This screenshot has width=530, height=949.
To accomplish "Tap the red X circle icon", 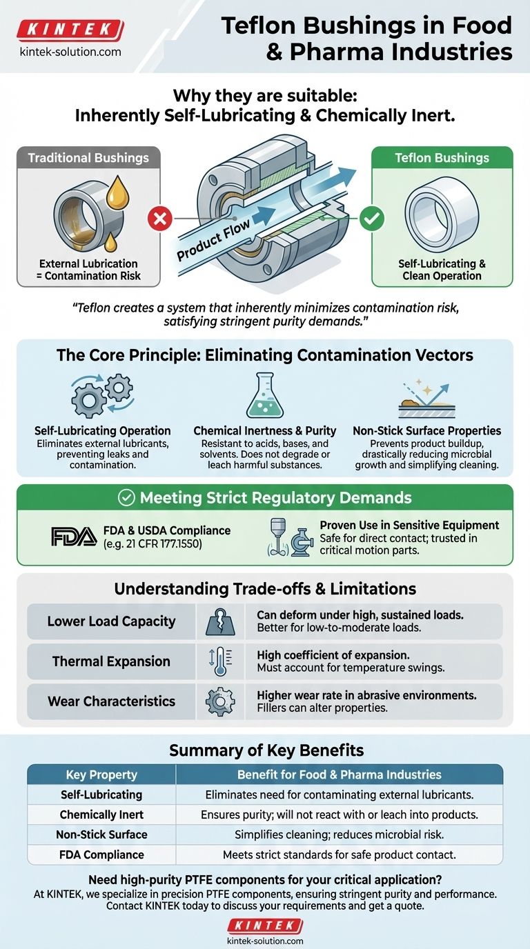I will pyautogui.click(x=160, y=220).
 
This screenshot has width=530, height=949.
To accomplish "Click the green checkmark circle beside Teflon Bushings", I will pyautogui.click(x=372, y=220).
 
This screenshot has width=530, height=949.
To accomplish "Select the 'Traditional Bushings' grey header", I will pyautogui.click(x=88, y=158).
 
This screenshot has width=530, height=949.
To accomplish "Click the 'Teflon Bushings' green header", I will pyautogui.click(x=442, y=158).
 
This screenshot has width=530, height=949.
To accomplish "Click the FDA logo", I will pyautogui.click(x=74, y=537).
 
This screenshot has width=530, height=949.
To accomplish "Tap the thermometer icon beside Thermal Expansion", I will pyautogui.click(x=220, y=661).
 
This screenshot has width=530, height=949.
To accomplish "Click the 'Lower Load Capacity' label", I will pyautogui.click(x=111, y=621).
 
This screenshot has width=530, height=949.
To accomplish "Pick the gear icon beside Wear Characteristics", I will pyautogui.click(x=220, y=701).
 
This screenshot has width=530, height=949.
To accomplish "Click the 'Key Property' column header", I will pyautogui.click(x=101, y=775).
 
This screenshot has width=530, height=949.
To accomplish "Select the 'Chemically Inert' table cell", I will pyautogui.click(x=101, y=815).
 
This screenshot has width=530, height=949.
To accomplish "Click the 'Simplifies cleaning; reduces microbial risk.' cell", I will pyautogui.click(x=339, y=835).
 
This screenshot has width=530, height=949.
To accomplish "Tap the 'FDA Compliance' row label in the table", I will pyautogui.click(x=101, y=855).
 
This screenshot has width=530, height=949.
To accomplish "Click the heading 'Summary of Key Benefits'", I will pyautogui.click(x=265, y=750).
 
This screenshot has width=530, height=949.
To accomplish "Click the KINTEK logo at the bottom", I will pyautogui.click(x=265, y=925).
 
